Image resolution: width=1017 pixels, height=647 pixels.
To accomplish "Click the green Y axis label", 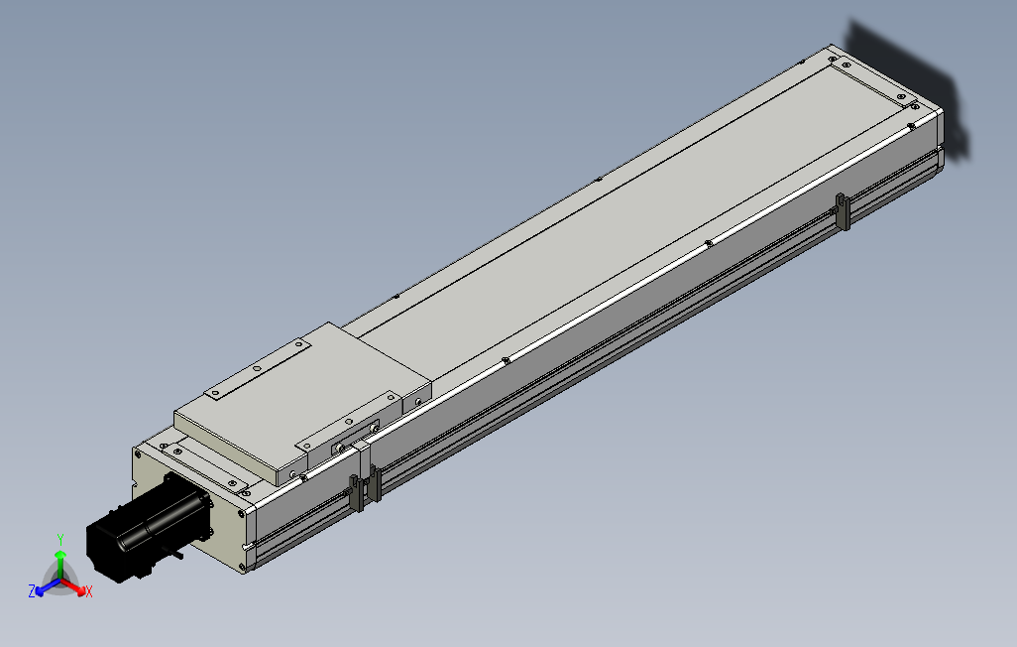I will [x=60, y=538].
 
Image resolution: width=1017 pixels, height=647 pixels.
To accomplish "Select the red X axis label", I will [x=89, y=591].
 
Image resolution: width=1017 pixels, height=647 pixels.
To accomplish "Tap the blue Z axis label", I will [x=32, y=590].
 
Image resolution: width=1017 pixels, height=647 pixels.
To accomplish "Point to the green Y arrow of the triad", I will [x=60, y=557].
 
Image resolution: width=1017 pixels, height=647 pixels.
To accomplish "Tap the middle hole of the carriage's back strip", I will [x=257, y=369].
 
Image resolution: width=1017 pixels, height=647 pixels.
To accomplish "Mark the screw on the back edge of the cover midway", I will [x=599, y=180].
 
